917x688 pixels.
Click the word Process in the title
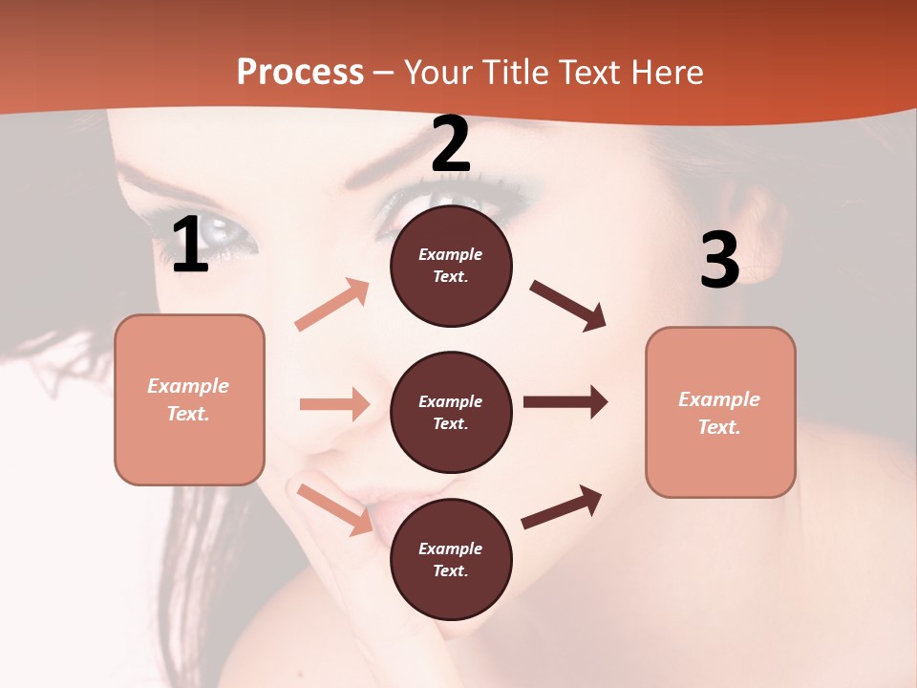pyautogui.click(x=300, y=73)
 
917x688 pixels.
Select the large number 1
pyautogui.click(x=190, y=246)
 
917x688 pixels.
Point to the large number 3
pyautogui.click(x=719, y=260)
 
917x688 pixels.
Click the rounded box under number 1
pyautogui.click(x=189, y=399)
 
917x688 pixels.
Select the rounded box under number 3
pyautogui.click(x=720, y=412)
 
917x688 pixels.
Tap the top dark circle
pyautogui.click(x=451, y=266)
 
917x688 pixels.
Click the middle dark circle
pyautogui.click(x=451, y=412)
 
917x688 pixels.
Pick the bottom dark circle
pyautogui.click(x=451, y=559)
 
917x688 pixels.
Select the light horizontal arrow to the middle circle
pyautogui.click(x=334, y=404)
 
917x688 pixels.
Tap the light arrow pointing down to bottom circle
pyautogui.click(x=335, y=509)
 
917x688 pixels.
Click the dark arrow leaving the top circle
pyautogui.click(x=568, y=306)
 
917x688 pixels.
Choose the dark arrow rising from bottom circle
pyautogui.click(x=562, y=506)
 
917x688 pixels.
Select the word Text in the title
pyautogui.click(x=588, y=73)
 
